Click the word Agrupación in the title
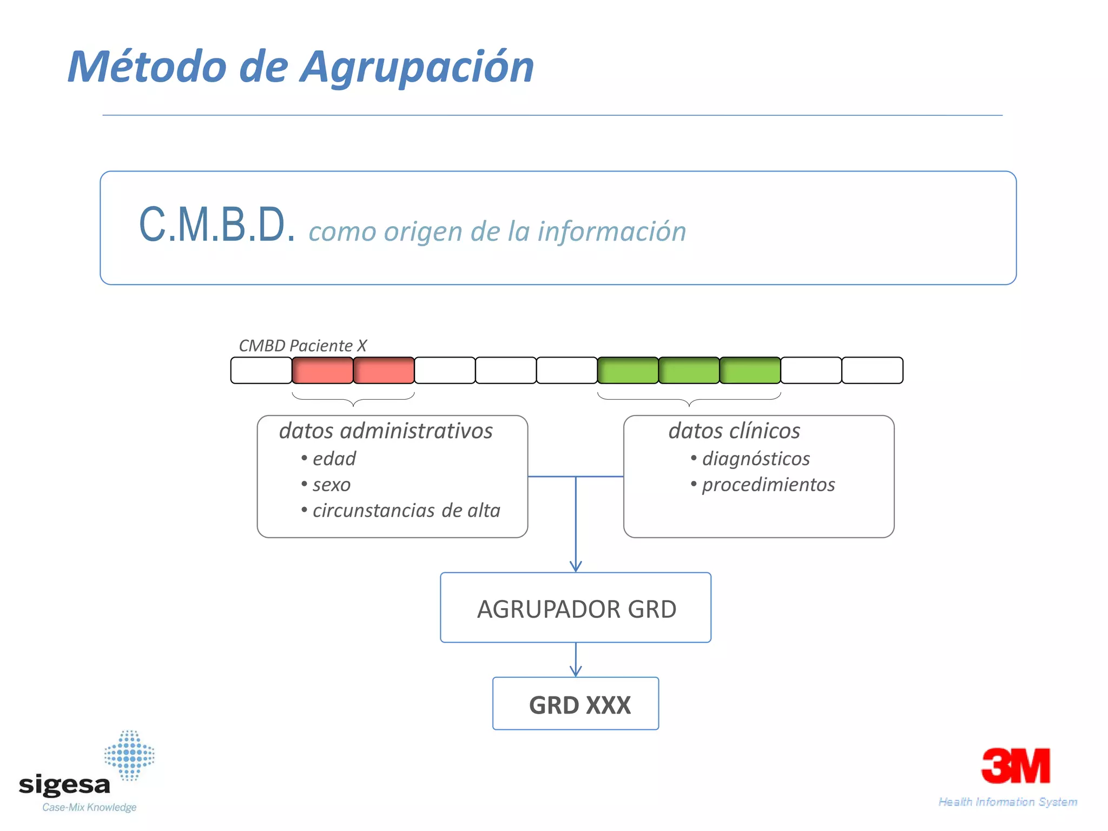(417, 67)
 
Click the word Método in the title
(147, 67)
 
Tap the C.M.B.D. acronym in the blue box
(217, 225)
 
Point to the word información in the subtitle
(611, 232)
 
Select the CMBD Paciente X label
(302, 346)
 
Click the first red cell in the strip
(322, 371)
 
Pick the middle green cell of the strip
(689, 371)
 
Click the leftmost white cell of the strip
(261, 371)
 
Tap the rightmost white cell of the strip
(872, 371)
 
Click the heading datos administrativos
(385, 431)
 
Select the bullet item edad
(334, 459)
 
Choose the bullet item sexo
(331, 485)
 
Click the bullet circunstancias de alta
(406, 511)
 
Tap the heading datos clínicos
(734, 431)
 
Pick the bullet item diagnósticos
(755, 459)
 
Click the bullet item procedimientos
(768, 485)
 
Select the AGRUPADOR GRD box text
(576, 609)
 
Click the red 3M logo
(1015, 766)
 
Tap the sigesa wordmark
(64, 784)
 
